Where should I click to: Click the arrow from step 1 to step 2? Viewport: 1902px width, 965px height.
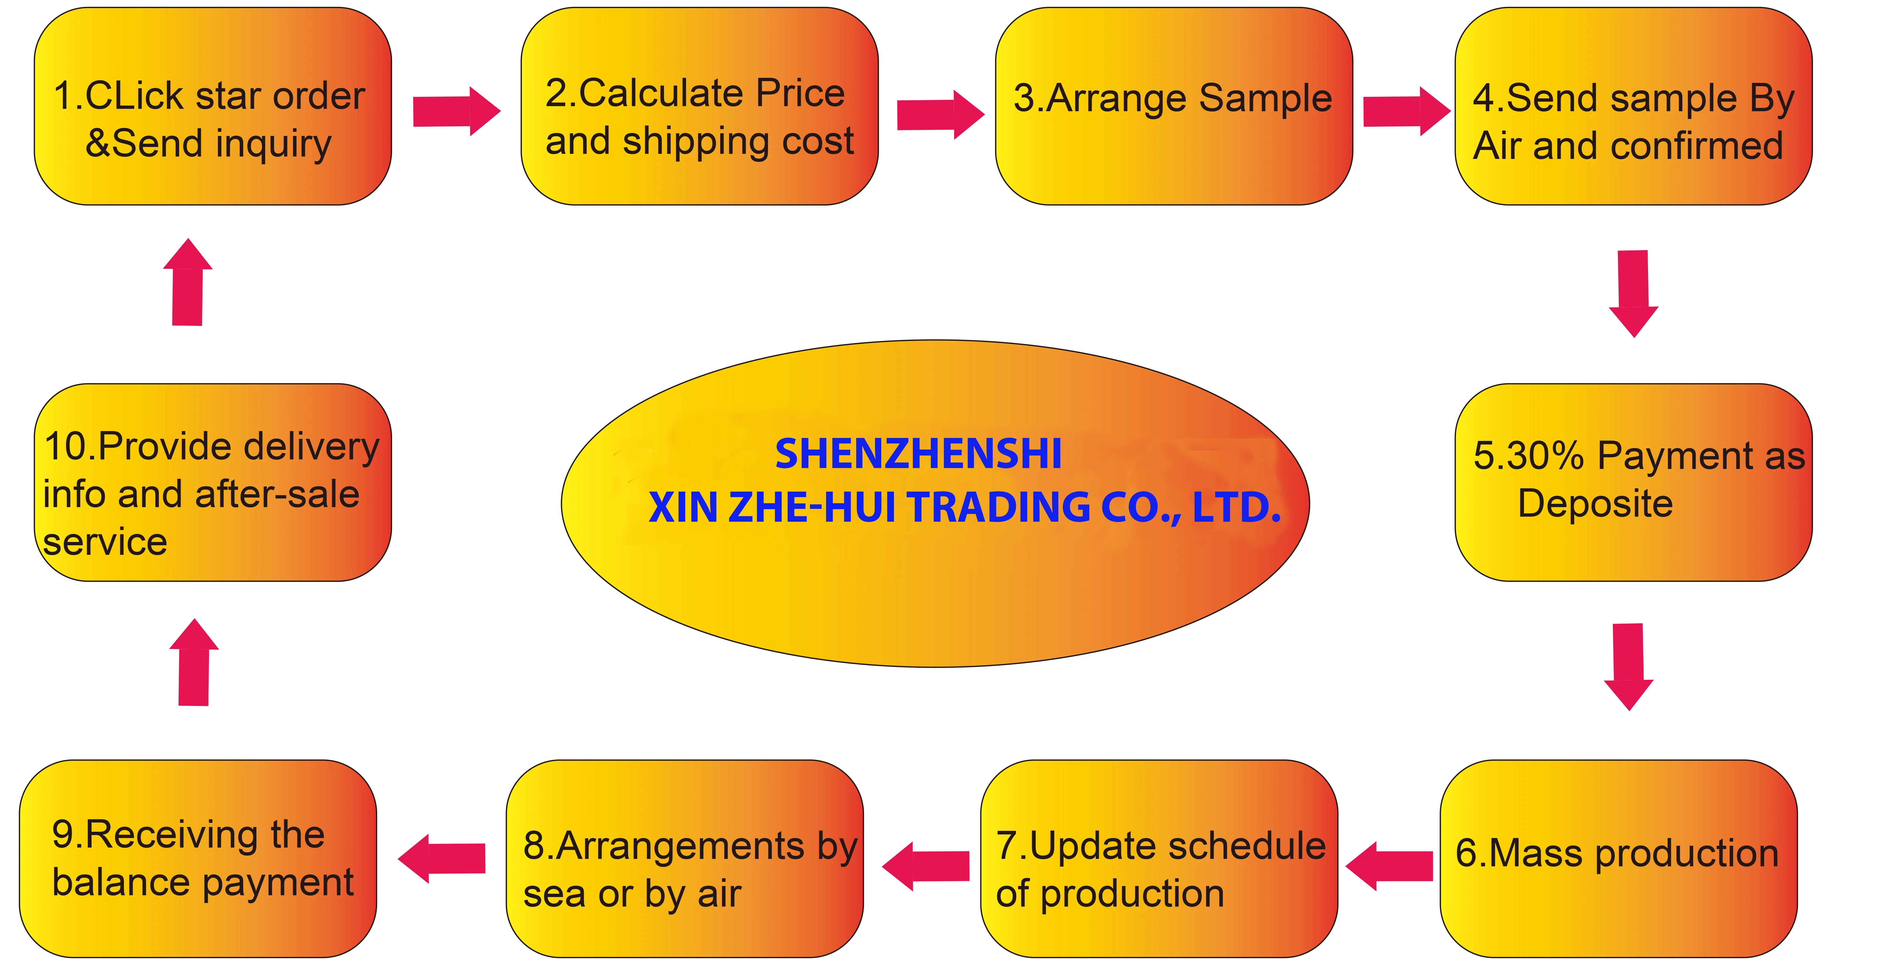[x=456, y=111]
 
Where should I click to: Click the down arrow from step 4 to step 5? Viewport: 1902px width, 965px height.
[x=1633, y=293]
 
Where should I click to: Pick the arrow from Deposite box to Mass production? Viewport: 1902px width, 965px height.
[x=1629, y=666]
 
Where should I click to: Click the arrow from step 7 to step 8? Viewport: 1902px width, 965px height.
[x=926, y=866]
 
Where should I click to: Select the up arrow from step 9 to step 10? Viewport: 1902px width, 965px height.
[x=194, y=662]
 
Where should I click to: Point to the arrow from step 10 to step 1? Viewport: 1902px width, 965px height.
[x=188, y=282]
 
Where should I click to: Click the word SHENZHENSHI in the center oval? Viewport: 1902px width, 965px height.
[x=918, y=454]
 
